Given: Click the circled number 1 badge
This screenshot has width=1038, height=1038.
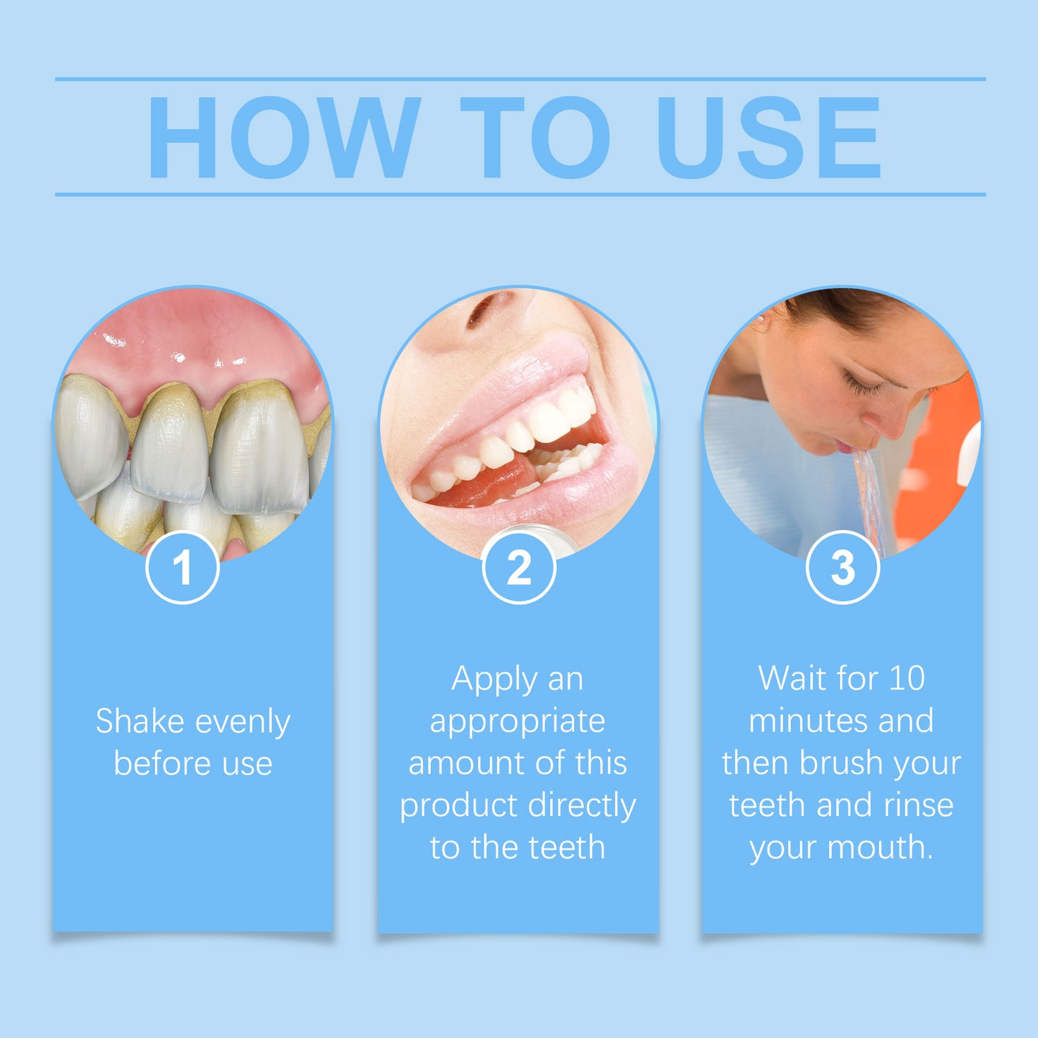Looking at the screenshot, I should click(182, 567).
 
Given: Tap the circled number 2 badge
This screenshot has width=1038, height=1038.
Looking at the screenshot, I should click(519, 567).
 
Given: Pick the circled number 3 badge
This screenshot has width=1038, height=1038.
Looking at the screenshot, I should click(843, 567).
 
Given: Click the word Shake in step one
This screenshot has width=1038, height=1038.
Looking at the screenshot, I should click(139, 721).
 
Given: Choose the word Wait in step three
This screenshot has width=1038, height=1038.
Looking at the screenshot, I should click(792, 678).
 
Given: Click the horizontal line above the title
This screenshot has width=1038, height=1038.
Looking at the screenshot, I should click(520, 78).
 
